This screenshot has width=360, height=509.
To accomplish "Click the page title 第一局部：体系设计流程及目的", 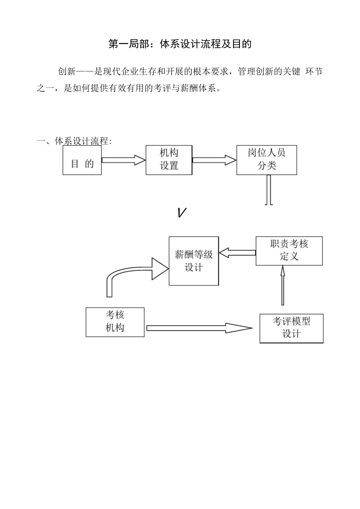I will [x=180, y=44].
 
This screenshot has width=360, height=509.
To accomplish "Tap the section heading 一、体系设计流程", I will [x=74, y=141].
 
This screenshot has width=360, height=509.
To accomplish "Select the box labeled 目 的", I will [x=82, y=160].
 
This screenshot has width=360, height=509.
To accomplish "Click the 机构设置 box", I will [x=169, y=159].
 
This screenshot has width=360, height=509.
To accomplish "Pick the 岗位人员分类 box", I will [x=266, y=159].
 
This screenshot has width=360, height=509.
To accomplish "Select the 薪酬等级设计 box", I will [x=194, y=261].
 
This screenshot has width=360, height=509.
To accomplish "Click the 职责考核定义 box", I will [x=289, y=251].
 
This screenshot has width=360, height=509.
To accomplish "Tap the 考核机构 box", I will [x=115, y=322].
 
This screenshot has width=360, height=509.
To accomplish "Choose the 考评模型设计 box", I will [x=291, y=328].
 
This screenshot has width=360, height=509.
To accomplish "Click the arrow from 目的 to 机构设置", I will [x=124, y=160].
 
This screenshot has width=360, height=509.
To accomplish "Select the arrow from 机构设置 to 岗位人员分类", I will [x=214, y=160].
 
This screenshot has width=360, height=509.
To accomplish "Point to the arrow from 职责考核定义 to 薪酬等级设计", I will [x=237, y=253].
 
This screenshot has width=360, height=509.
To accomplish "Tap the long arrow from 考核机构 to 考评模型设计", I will [x=199, y=328].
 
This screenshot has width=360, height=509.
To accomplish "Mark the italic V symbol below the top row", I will [x=182, y=213].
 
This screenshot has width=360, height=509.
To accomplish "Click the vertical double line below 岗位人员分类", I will [x=269, y=190].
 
